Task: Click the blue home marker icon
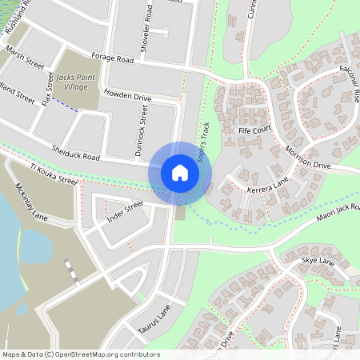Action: click(x=180, y=173)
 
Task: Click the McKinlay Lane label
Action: click(x=31, y=205)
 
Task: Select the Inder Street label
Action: click(x=125, y=210)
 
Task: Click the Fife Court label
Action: click(x=256, y=129)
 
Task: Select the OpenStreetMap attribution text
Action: click(x=81, y=354)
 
